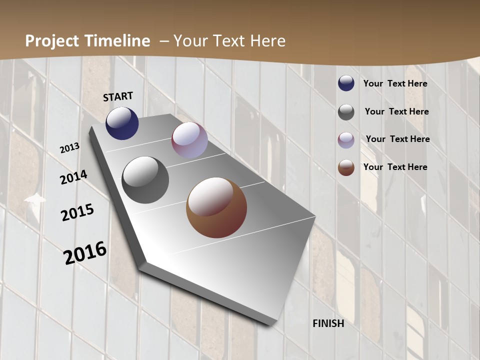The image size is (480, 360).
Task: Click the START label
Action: [x=118, y=96]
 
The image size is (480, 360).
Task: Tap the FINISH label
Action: [x=328, y=323]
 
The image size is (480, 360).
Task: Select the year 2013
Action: [x=69, y=147]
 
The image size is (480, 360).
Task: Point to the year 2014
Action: [x=73, y=177]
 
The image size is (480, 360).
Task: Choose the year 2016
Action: [x=85, y=252]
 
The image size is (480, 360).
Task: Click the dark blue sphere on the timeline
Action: [x=122, y=123]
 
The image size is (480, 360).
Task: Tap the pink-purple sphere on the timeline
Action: [x=189, y=140]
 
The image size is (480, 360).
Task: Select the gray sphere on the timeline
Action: [x=145, y=180]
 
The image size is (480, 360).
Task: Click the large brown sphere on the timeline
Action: [x=216, y=207]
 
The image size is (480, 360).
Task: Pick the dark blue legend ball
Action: [x=346, y=83]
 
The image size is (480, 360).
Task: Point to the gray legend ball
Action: [x=346, y=112]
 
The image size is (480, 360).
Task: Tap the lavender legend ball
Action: [x=346, y=140]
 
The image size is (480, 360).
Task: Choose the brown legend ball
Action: [x=346, y=167]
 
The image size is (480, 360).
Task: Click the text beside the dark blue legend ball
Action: [x=395, y=83]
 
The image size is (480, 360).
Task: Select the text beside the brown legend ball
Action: [x=395, y=167]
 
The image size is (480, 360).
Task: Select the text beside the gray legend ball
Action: [x=396, y=111]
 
